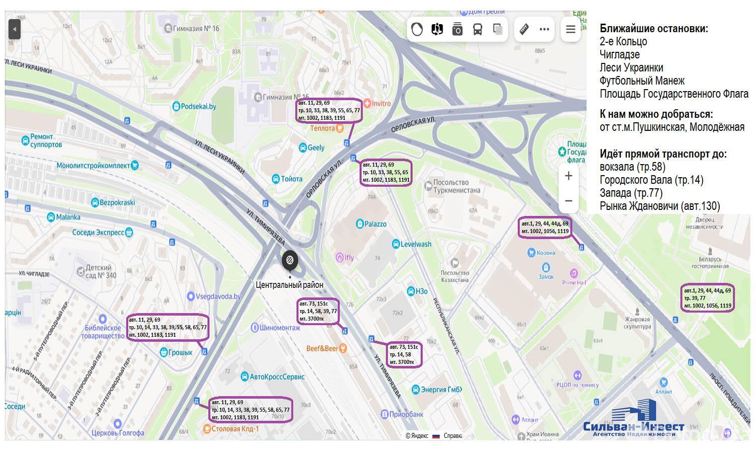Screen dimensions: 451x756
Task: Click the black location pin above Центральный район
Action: [290, 260]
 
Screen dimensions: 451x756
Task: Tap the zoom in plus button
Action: [569, 176]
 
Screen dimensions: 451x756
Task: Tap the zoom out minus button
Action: [569, 201]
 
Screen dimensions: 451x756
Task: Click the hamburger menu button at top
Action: [571, 29]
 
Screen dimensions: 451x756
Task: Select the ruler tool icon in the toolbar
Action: [524, 29]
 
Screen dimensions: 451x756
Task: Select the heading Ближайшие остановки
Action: [654, 28]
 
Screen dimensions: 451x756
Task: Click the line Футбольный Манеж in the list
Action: [642, 81]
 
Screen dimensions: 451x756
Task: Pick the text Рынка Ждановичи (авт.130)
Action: [659, 206]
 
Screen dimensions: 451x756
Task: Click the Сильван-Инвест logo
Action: [634, 422]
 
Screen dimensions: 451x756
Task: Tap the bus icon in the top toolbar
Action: [477, 29]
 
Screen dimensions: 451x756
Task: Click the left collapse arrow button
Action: [15, 29]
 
